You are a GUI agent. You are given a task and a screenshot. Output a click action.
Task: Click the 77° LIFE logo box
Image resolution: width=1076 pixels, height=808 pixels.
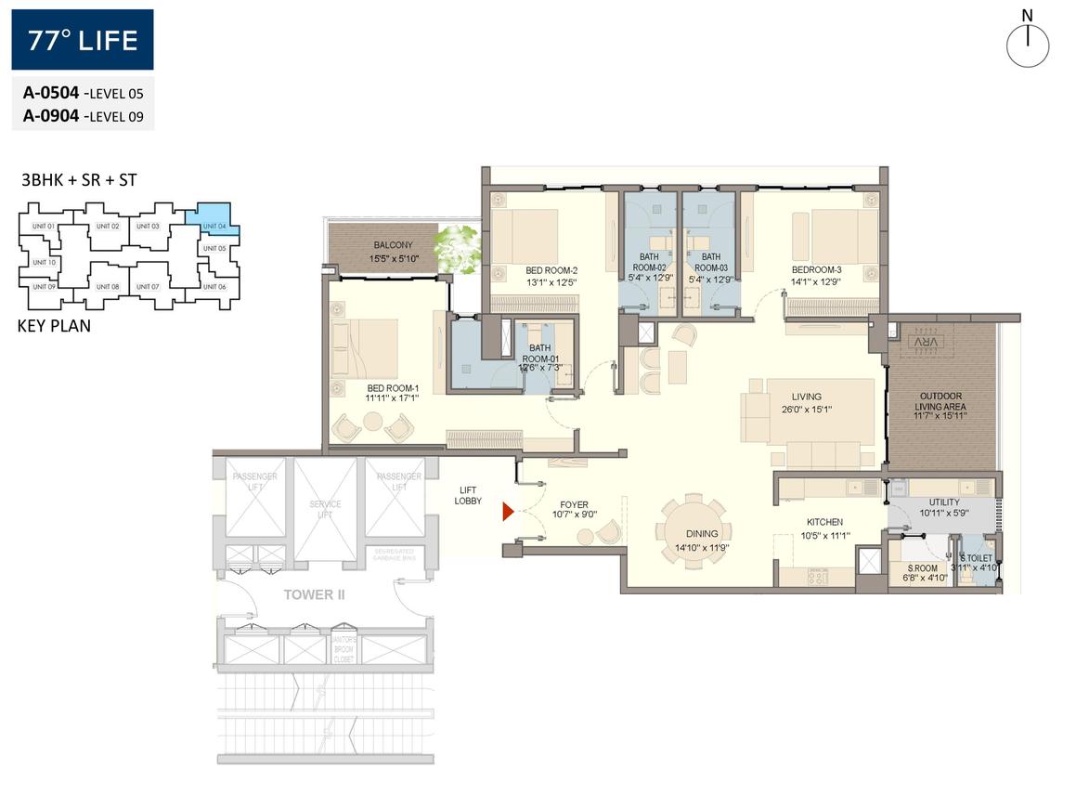[83, 40]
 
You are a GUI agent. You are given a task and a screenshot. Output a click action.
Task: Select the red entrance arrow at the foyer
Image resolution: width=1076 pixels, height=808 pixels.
[508, 512]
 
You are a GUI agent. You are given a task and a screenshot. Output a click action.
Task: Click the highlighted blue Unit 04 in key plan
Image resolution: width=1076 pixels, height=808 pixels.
[213, 221]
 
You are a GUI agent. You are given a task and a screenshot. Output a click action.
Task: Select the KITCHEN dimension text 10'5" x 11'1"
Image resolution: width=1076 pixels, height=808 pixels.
[824, 535]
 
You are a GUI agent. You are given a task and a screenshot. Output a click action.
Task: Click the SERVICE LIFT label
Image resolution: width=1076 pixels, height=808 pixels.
[325, 510]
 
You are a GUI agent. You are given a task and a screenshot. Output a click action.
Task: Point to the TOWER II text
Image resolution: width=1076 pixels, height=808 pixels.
[315, 594]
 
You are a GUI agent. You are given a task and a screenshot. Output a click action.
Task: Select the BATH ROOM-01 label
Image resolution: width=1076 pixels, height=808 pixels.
[538, 354]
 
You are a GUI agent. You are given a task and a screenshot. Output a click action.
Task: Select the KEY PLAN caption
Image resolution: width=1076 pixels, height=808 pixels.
[54, 326]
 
